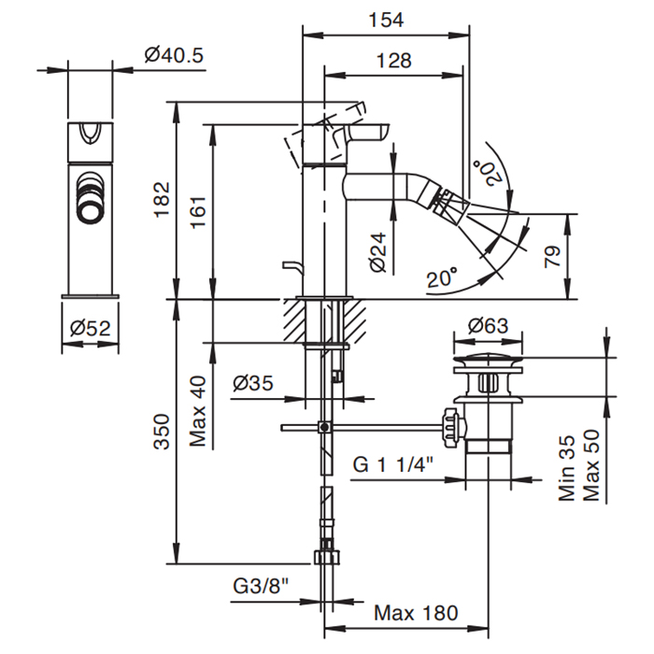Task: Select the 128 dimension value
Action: [x=393, y=61]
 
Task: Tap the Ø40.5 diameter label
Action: [x=174, y=55]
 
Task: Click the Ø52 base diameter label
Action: [x=91, y=328]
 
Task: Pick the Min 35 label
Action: [x=568, y=467]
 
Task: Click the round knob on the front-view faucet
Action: [x=91, y=197]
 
